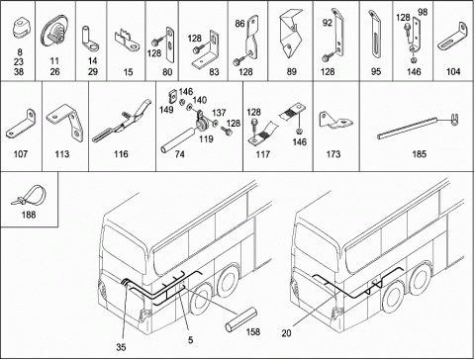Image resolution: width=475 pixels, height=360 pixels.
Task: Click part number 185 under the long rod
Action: point(419,154)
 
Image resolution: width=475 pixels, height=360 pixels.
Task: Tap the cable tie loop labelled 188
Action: point(36,191)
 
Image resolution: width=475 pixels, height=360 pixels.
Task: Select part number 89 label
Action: point(292,71)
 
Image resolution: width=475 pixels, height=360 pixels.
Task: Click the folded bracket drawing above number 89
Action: point(290,33)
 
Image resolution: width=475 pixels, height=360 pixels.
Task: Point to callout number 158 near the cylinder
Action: point(253,331)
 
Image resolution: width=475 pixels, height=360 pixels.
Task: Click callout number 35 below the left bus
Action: point(121,347)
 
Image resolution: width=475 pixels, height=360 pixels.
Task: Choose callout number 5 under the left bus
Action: point(190,340)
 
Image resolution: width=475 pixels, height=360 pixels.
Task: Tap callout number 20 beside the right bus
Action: point(286,333)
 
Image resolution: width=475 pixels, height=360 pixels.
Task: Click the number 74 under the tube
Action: point(179,154)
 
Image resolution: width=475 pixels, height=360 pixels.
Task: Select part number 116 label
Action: point(121,154)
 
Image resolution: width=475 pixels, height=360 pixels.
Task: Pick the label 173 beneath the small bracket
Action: point(333,154)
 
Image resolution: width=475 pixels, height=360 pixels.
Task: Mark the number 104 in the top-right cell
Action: point(453,71)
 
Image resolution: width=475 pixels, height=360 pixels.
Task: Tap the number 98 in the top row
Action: point(423,12)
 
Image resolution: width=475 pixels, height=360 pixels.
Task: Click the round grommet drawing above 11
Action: point(54,32)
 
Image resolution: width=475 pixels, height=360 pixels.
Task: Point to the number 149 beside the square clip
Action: point(166,110)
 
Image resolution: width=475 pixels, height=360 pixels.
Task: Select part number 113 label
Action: point(62,154)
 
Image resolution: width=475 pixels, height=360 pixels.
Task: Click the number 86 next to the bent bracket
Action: point(239,24)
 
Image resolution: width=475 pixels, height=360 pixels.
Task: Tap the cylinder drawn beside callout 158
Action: point(241,319)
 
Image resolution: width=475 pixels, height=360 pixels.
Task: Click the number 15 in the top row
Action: point(128,71)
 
